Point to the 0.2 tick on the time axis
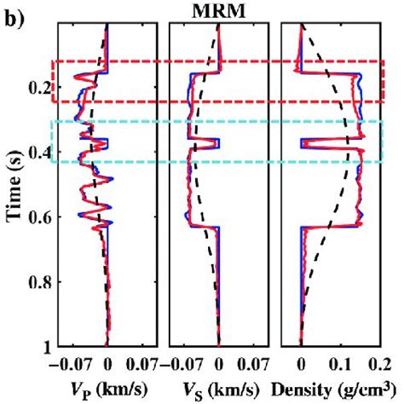(38, 88)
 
